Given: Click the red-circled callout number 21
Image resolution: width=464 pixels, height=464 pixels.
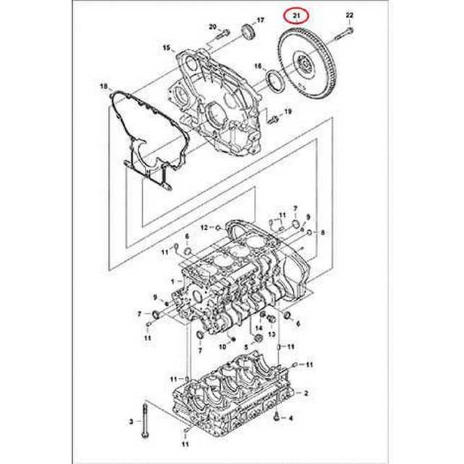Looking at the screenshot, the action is (296, 16).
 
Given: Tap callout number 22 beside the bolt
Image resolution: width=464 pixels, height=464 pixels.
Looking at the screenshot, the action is (349, 15).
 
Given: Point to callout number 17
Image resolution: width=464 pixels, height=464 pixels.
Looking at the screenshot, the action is (260, 20).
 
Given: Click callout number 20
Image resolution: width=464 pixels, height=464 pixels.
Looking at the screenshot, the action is (213, 27).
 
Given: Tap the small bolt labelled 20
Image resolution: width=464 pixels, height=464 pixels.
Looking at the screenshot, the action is (223, 34).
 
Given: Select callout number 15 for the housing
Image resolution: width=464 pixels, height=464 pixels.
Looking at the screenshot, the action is (167, 48).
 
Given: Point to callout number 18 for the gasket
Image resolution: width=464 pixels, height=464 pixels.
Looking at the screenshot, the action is (103, 86).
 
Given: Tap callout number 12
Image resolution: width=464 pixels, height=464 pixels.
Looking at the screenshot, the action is (205, 227).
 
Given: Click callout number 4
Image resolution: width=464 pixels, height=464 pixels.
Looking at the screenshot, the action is (290, 418).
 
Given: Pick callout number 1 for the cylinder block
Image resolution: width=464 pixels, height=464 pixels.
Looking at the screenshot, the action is (173, 282).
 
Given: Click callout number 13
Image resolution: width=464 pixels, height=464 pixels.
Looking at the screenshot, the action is (271, 335).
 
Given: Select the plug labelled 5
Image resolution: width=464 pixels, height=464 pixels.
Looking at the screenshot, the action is (258, 338).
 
